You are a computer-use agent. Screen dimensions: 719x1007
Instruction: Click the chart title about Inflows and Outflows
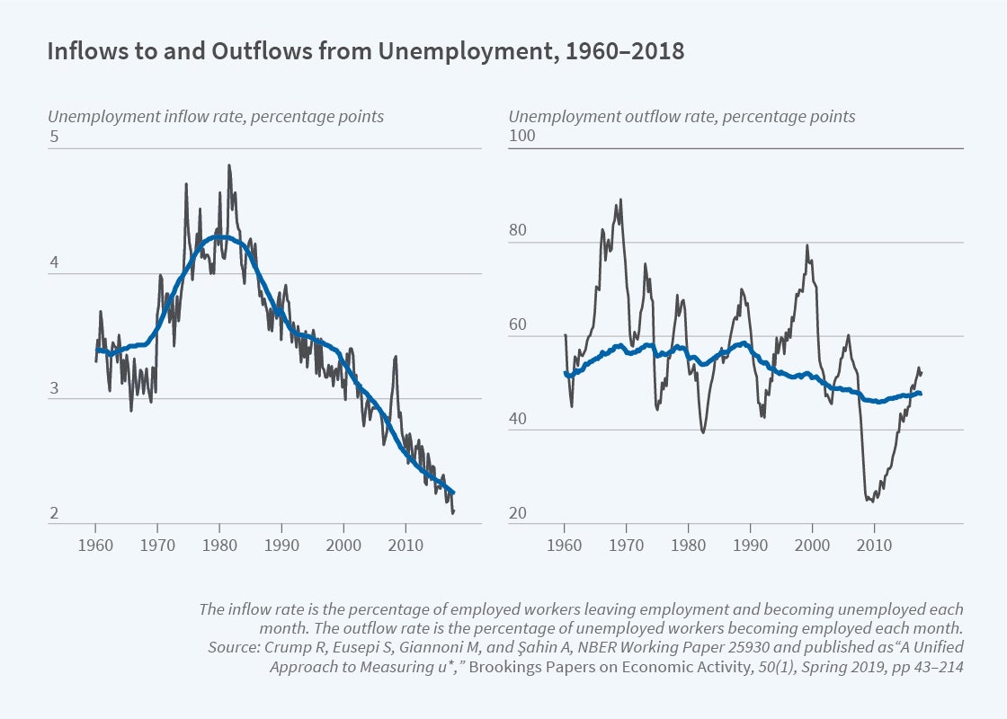pyautogui.click(x=365, y=52)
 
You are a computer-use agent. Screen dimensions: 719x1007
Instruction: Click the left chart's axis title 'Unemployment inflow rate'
pyautogui.click(x=216, y=117)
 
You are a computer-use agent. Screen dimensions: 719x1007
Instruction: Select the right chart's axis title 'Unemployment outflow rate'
pyautogui.click(x=682, y=117)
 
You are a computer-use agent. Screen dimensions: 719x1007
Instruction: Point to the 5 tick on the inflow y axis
pyautogui.click(x=54, y=138)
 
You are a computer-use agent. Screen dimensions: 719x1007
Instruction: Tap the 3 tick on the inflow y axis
pyautogui.click(x=54, y=389)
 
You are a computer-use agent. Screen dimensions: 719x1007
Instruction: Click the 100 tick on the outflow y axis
pyautogui.click(x=521, y=137)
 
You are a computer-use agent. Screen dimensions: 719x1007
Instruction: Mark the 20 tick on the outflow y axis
pyautogui.click(x=519, y=515)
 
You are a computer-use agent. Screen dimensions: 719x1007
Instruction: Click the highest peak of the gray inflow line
pyautogui.click(x=229, y=165)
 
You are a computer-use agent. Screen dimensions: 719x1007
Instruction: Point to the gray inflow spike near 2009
pyautogui.click(x=395, y=357)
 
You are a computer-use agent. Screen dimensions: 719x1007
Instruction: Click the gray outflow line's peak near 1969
pyautogui.click(x=620, y=200)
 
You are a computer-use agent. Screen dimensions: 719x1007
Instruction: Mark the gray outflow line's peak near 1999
pyautogui.click(x=806, y=245)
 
